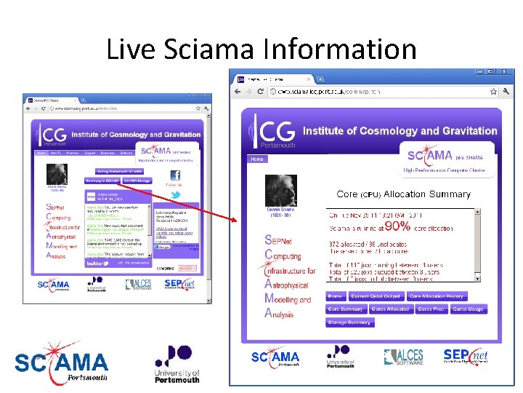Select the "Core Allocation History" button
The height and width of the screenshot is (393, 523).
click(436, 296)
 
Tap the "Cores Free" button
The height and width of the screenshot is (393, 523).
click(431, 309)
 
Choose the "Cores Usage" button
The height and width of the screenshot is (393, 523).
click(468, 309)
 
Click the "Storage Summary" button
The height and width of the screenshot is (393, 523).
click(349, 322)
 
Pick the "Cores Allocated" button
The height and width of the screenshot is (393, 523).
click(390, 309)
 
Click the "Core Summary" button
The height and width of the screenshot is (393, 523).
click(346, 309)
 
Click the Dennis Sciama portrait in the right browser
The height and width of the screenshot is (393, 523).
click(280, 191)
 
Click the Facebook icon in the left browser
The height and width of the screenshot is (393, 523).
click(174, 175)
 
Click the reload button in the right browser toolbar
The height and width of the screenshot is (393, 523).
click(261, 92)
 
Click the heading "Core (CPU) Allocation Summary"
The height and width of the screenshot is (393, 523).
click(404, 194)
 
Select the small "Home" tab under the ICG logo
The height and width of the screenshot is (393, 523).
click(257, 159)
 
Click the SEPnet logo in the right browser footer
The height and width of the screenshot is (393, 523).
click(466, 356)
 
